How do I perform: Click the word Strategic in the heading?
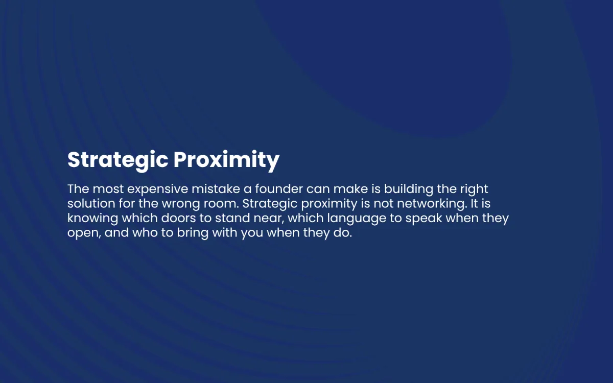[x=118, y=160]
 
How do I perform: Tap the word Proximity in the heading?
[x=227, y=160]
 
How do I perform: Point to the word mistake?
[x=216, y=189]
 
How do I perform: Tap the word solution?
[x=91, y=204]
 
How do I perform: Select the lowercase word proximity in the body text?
[x=329, y=204]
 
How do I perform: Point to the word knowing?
[x=93, y=219]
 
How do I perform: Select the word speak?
[x=423, y=219]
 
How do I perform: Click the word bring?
[x=193, y=233]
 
